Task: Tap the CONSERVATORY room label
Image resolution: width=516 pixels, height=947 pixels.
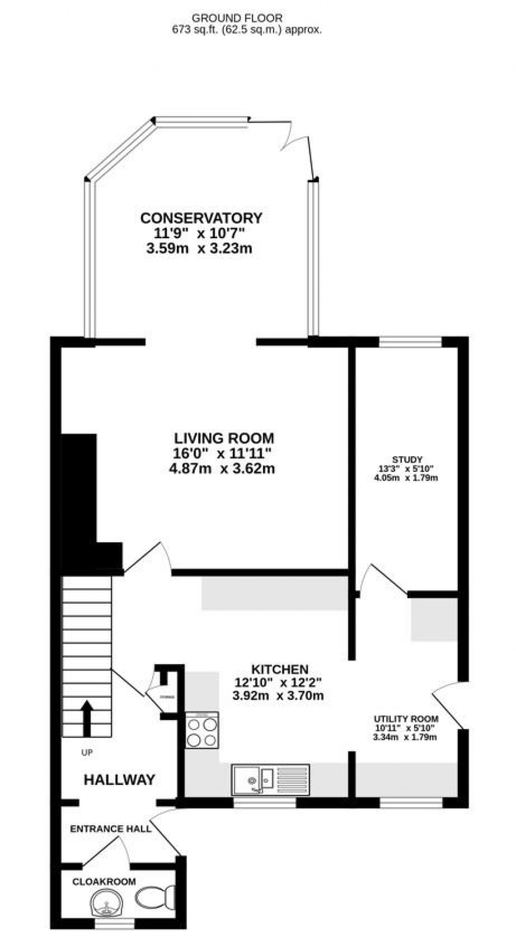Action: (x=201, y=218)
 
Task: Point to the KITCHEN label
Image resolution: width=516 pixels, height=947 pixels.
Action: (x=280, y=669)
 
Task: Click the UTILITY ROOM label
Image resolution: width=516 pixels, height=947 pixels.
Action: (x=406, y=718)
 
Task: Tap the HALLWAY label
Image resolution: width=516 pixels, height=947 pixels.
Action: (x=119, y=780)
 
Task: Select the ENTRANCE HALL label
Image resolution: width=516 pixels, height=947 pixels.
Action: (x=110, y=829)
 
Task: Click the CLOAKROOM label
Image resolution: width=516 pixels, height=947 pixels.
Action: (x=104, y=882)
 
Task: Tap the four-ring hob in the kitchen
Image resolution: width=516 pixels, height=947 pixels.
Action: (x=202, y=732)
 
